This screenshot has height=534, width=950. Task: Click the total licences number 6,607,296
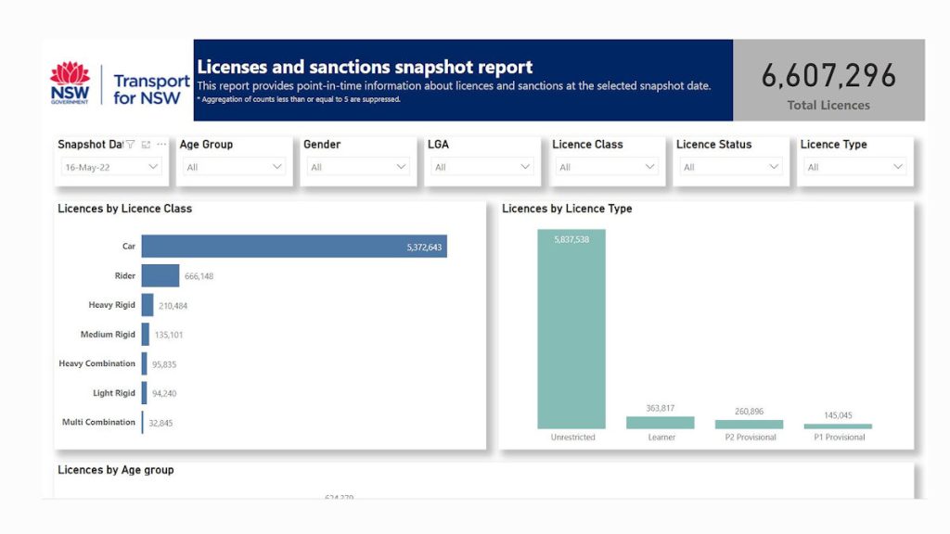pos(828,76)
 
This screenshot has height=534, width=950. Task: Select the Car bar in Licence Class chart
pos(293,247)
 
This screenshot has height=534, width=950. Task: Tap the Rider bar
pos(160,275)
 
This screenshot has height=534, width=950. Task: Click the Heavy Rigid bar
pos(147,305)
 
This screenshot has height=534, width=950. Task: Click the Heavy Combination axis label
pos(96,363)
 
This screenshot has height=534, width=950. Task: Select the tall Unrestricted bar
pos(571,329)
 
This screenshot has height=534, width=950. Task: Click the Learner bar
pos(661,423)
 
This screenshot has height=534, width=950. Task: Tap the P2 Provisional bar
pos(749,425)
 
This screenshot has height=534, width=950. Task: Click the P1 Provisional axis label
pos(838,438)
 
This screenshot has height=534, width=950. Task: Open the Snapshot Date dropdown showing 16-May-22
pos(110,167)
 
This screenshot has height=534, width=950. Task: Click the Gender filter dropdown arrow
pos(402,167)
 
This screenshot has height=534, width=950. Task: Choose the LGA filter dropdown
pos(481,167)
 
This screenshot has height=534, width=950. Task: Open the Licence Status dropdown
pos(730,167)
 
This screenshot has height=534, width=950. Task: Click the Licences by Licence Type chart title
pos(567,209)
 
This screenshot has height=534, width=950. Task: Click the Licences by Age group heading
pos(115,470)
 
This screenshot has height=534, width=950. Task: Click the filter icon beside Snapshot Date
pos(130,145)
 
